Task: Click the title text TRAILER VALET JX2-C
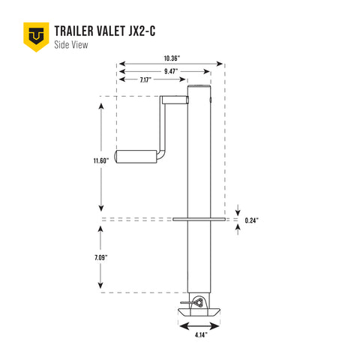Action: coord(105,31)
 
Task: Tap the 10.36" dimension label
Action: coord(170,57)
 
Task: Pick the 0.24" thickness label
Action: coord(253,220)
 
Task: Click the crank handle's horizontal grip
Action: coord(135,157)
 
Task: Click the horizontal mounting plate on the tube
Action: coord(199,220)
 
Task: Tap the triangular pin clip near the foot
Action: coord(196,301)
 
